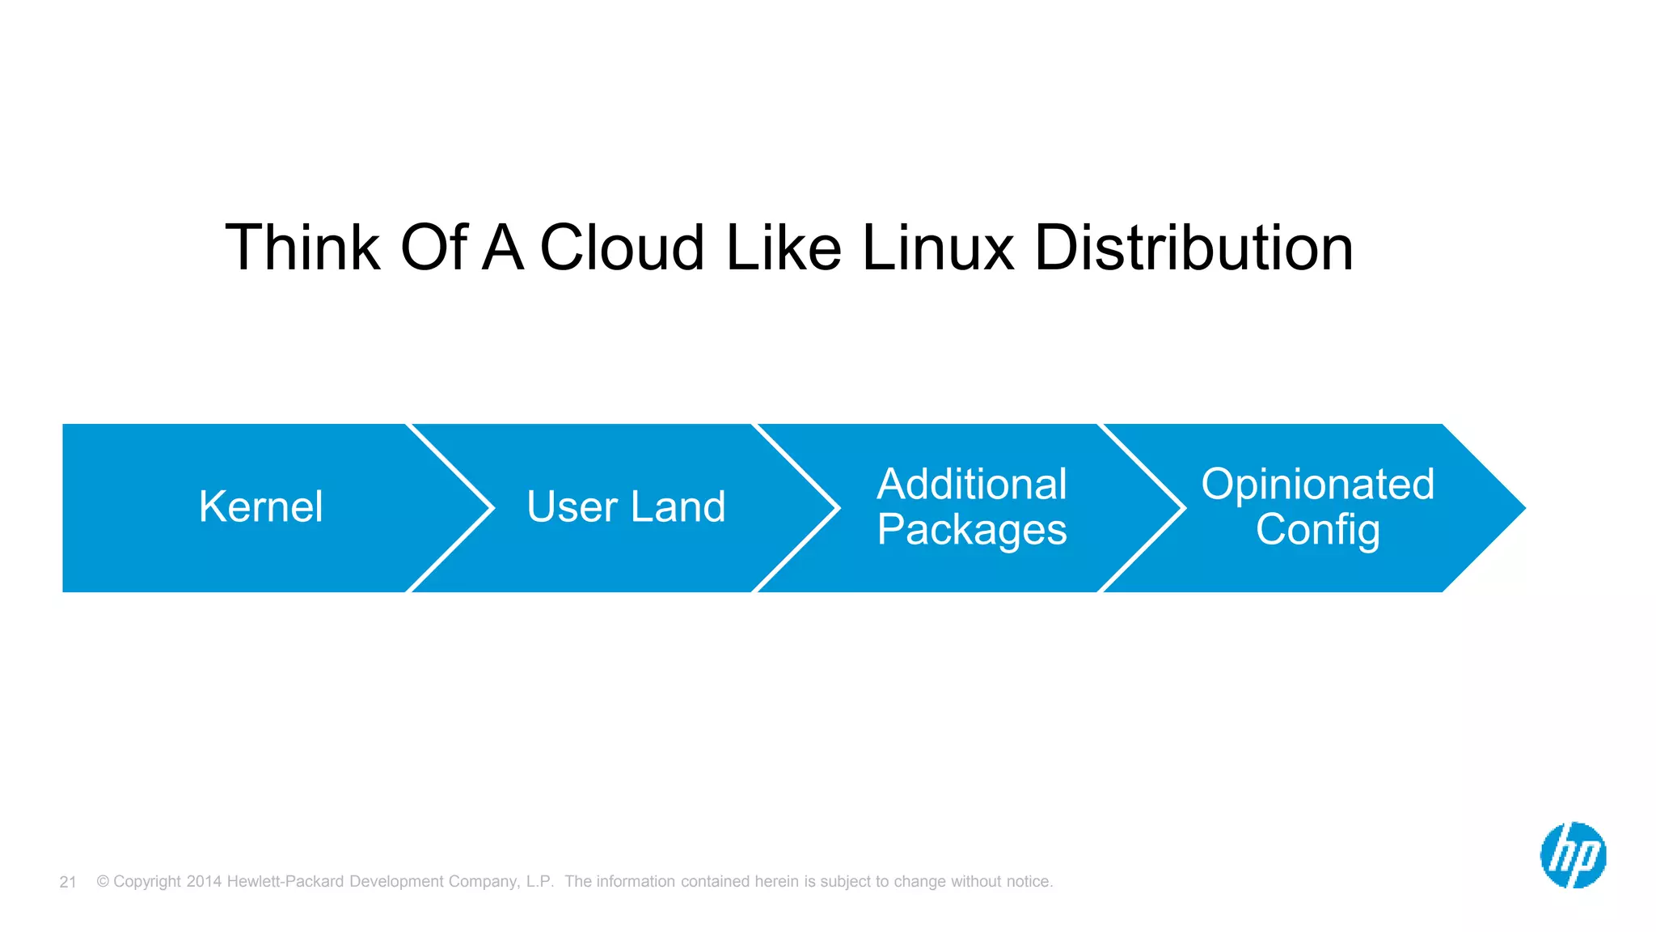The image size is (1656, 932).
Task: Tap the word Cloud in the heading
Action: (x=622, y=248)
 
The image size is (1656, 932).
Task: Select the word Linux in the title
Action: (x=937, y=248)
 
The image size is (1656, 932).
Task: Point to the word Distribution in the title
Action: (x=1193, y=248)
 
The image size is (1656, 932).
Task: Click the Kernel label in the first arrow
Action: (x=260, y=507)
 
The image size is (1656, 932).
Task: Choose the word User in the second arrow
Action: (x=572, y=507)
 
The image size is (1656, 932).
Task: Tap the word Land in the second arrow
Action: (x=678, y=507)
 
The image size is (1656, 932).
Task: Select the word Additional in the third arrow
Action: (x=972, y=485)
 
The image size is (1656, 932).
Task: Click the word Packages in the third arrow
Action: (x=972, y=531)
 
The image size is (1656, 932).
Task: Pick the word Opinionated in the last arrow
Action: (x=1317, y=485)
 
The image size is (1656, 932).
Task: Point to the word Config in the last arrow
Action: (x=1317, y=531)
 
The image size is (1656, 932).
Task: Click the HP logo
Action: (x=1573, y=855)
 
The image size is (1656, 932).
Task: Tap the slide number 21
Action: (x=68, y=882)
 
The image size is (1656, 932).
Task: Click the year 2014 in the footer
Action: (x=204, y=882)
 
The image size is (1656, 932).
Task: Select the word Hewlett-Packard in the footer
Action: (x=285, y=882)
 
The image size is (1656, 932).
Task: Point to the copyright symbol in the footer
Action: (x=103, y=882)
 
